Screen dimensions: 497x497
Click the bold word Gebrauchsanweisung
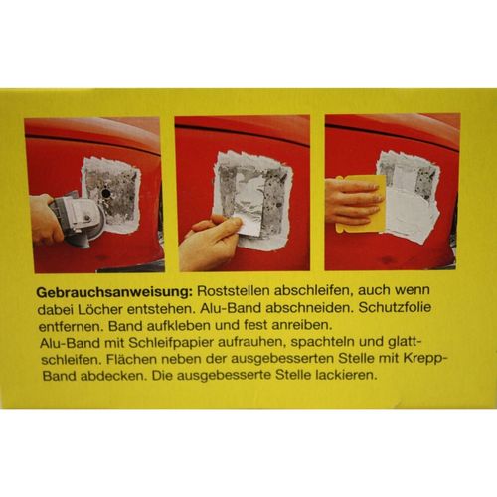(x=114, y=292)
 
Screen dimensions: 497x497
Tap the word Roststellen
(x=233, y=290)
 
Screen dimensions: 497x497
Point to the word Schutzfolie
(x=396, y=307)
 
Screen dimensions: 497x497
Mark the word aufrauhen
(x=252, y=342)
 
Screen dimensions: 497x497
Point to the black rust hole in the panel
(x=106, y=193)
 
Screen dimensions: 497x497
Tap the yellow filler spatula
(x=360, y=203)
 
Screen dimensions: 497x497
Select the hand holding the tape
(x=210, y=242)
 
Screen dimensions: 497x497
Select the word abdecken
(x=114, y=377)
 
